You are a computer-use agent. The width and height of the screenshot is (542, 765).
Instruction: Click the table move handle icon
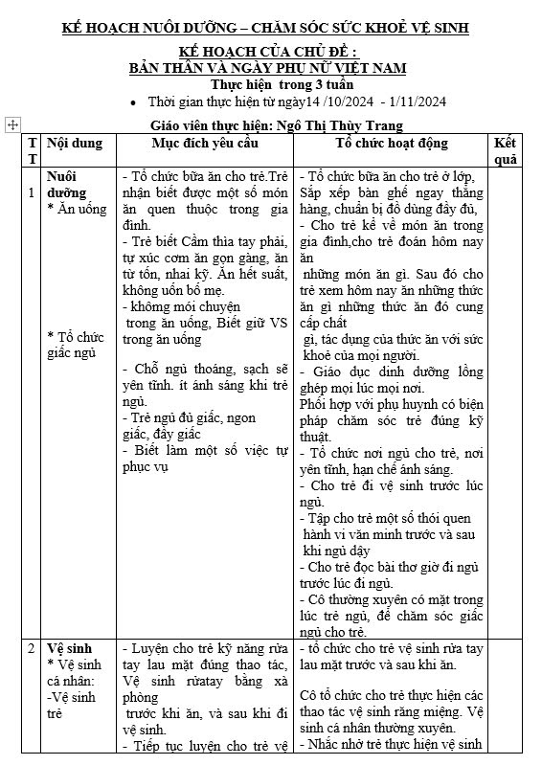[12, 124]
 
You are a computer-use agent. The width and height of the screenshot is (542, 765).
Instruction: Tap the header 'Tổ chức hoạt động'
[391, 143]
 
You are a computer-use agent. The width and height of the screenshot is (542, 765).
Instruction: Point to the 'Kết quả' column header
[506, 150]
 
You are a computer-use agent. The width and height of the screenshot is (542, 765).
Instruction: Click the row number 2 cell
[33, 648]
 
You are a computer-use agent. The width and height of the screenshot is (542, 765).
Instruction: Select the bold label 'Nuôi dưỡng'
[67, 184]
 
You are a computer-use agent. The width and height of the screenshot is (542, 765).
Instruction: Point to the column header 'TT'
[33, 150]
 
